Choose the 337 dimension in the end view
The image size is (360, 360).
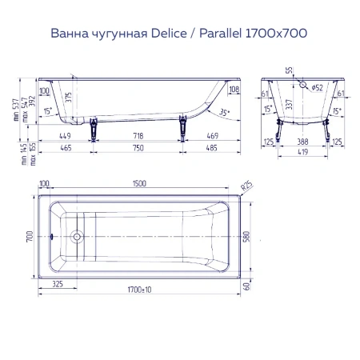coord(301,103)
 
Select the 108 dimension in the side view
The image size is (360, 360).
coord(234,89)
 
